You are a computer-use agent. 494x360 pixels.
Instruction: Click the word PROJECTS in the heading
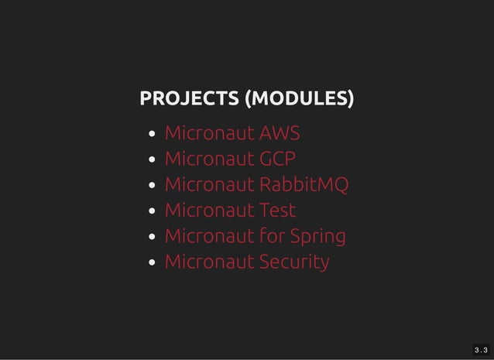click(189, 99)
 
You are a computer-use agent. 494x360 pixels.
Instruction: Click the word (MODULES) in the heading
click(298, 99)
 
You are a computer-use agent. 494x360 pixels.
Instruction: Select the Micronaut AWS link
click(232, 134)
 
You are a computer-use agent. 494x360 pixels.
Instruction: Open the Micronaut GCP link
click(230, 159)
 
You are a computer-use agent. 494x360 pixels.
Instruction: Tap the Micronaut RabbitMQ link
click(256, 185)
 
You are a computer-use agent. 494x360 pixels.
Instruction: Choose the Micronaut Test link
click(230, 211)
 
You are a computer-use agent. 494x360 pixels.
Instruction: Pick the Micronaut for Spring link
click(255, 236)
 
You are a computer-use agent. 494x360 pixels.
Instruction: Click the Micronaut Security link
click(247, 262)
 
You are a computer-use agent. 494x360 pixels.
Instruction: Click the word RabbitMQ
click(304, 185)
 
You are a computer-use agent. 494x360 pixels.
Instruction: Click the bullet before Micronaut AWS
click(154, 135)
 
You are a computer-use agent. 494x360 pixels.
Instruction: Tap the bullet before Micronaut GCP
click(154, 160)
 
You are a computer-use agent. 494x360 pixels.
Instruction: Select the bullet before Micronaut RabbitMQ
click(154, 186)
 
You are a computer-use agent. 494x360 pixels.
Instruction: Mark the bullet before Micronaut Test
click(154, 211)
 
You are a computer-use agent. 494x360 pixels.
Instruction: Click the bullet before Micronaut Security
click(154, 262)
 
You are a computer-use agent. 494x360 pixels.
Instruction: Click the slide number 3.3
click(481, 350)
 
